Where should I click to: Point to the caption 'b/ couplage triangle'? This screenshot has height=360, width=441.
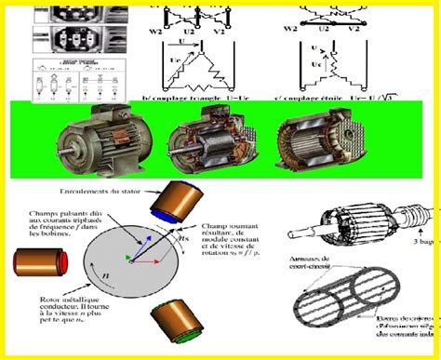[x=192, y=90]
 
